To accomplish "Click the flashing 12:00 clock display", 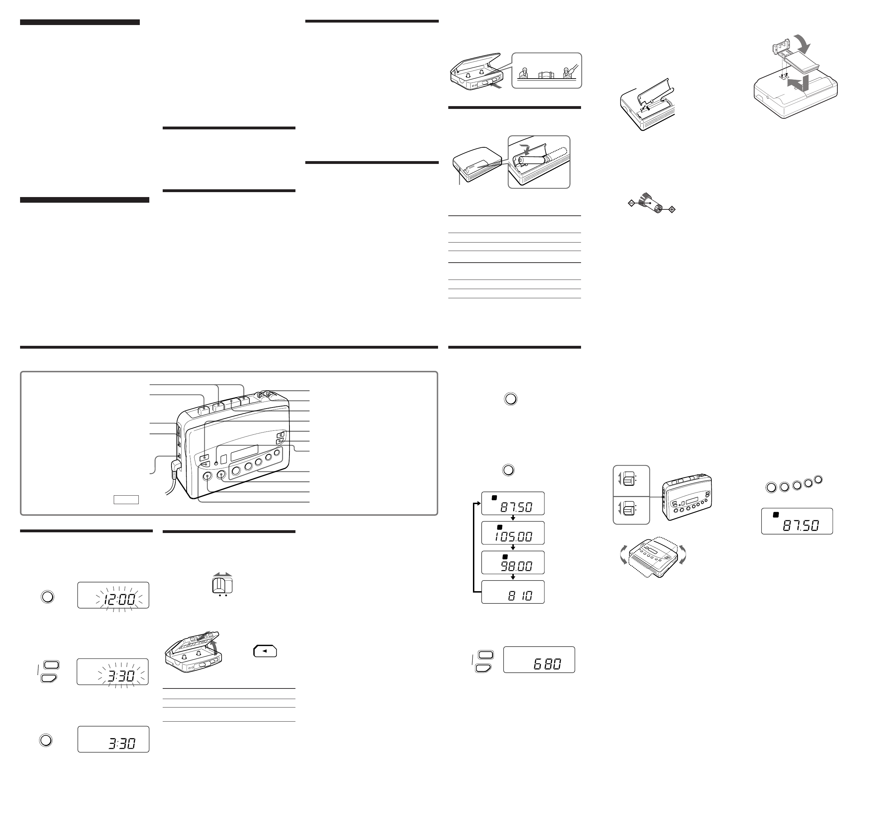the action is [x=113, y=595].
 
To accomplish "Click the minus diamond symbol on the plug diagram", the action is [x=631, y=203].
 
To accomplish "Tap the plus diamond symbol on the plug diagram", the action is [x=672, y=209].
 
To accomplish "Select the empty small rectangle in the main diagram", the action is [x=126, y=500].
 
